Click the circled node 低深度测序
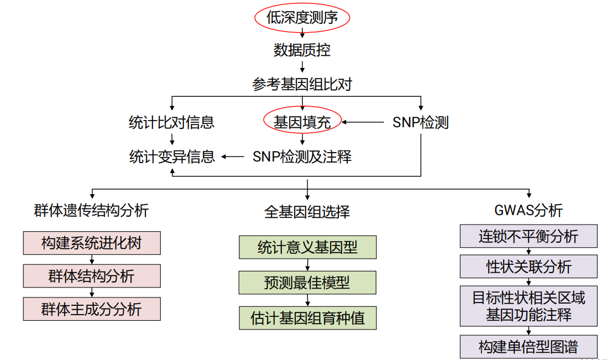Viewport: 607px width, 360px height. tap(302, 18)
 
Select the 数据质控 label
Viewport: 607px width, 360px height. tap(302, 50)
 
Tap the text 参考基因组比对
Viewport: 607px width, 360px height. tap(302, 84)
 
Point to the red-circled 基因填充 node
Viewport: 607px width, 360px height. tap(302, 122)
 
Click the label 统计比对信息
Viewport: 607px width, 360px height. tap(171, 122)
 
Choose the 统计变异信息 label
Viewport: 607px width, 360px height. tap(171, 156)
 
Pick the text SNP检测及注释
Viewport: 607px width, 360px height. tap(302, 156)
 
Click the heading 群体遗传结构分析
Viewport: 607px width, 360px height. tap(91, 210)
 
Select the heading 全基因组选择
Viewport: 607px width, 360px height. tap(307, 212)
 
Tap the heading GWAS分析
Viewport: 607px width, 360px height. tap(528, 210)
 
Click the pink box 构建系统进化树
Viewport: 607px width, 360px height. tap(92, 243)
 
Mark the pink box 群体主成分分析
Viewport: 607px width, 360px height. tap(92, 309)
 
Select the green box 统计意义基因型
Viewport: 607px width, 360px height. tap(307, 247)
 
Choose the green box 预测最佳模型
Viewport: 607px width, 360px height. tap(307, 283)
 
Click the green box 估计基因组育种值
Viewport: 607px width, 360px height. tap(307, 318)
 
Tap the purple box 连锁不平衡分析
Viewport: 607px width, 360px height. tap(528, 236)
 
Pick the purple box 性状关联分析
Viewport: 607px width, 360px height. tap(528, 267)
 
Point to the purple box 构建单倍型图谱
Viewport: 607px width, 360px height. tap(528, 347)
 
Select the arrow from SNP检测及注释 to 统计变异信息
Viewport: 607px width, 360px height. tap(233, 156)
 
